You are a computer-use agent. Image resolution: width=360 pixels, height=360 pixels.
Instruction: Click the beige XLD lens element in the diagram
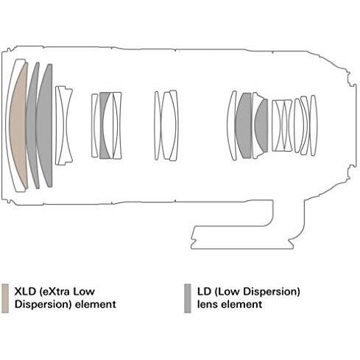pyautogui.click(x=18, y=125)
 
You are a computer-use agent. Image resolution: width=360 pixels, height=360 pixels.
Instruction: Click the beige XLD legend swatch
pyautogui.click(x=5, y=298)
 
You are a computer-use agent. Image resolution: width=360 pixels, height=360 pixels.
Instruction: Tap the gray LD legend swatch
pyautogui.click(x=188, y=298)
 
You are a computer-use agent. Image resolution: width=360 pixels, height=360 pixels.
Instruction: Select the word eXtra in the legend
pyautogui.click(x=55, y=292)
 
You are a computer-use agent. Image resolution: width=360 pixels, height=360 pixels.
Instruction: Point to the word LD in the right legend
pyautogui.click(x=204, y=292)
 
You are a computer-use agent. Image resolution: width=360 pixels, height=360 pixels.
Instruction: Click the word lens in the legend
pyautogui.click(x=208, y=304)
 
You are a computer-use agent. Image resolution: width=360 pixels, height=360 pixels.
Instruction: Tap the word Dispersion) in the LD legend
pyautogui.click(x=272, y=292)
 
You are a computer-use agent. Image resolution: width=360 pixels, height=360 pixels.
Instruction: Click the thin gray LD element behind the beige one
pyautogui.click(x=32, y=125)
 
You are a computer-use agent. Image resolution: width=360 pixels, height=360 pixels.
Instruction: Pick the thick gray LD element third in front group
pyautogui.click(x=46, y=125)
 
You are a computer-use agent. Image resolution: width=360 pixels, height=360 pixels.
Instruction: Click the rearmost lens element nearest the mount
pyautogui.click(x=313, y=125)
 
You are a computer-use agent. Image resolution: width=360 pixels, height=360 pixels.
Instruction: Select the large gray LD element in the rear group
pyautogui.click(x=243, y=125)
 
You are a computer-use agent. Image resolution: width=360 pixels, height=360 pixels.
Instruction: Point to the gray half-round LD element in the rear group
pyautogui.click(x=262, y=125)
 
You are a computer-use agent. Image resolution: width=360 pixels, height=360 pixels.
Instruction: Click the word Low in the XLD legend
pyautogui.click(x=84, y=292)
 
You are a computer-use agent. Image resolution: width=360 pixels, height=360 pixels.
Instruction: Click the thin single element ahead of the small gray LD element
pyautogui.click(x=94, y=125)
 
